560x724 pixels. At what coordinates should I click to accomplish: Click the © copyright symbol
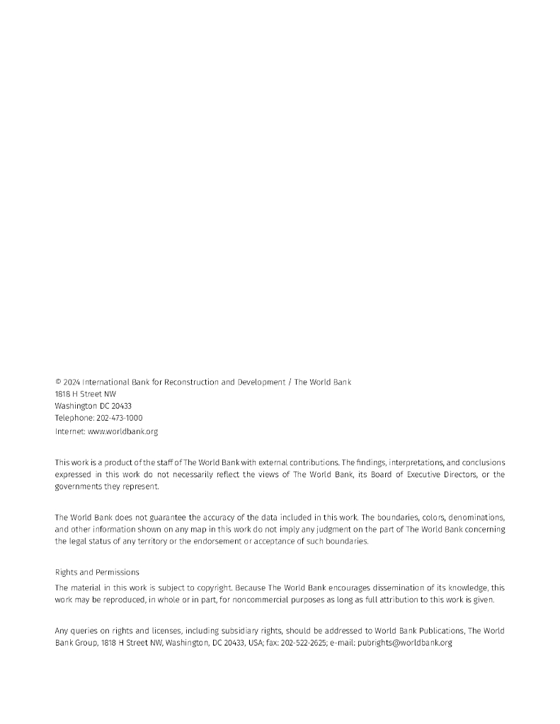click(58, 383)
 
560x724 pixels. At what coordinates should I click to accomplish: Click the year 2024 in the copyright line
click(72, 383)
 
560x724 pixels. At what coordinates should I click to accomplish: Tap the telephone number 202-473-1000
click(119, 418)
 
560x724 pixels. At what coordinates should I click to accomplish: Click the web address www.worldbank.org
click(122, 431)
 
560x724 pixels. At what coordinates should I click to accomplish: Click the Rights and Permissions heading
click(97, 572)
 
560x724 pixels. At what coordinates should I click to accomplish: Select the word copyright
click(211, 588)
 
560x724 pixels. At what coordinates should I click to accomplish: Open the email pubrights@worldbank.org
click(404, 643)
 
